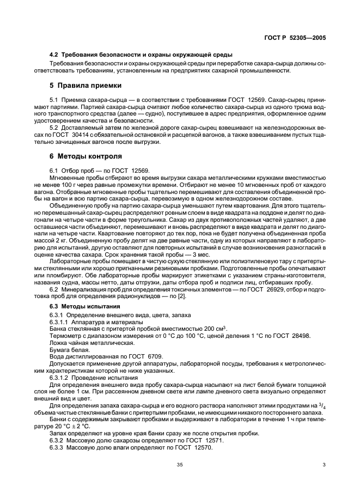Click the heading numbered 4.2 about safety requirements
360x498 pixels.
[x=141, y=55]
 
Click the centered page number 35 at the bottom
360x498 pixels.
[x=179, y=465]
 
